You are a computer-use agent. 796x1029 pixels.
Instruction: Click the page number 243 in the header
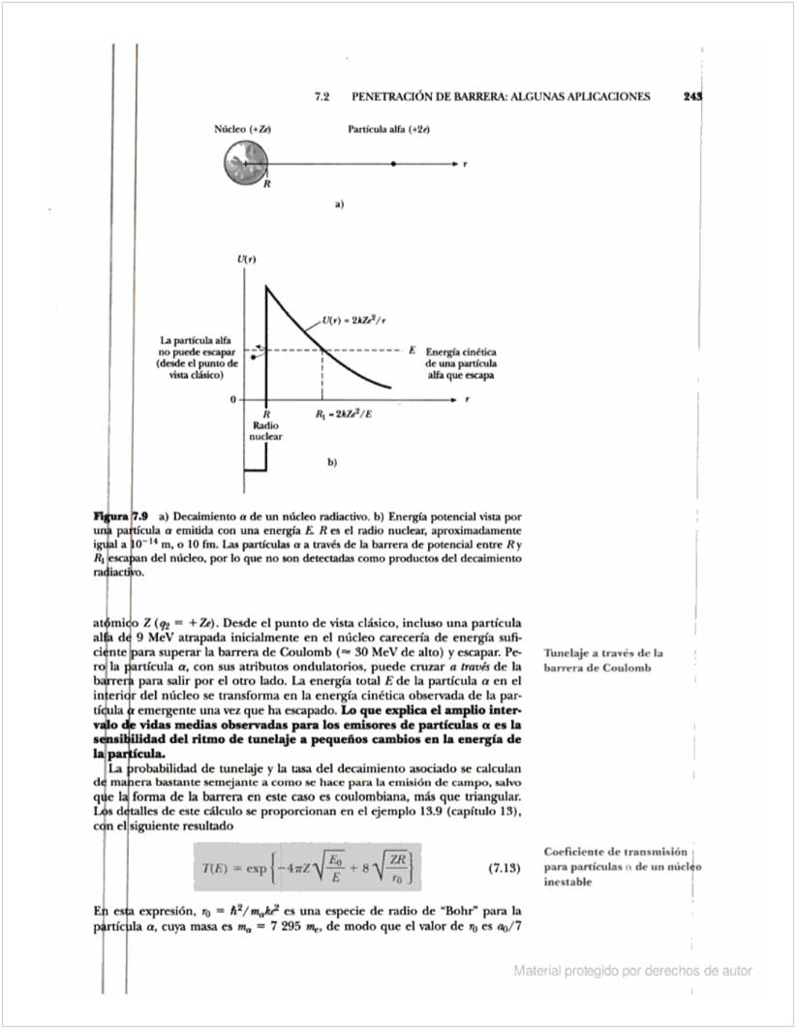click(x=691, y=97)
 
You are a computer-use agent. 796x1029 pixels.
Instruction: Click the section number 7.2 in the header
click(x=322, y=97)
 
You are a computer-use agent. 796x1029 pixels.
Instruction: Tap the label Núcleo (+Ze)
click(x=242, y=129)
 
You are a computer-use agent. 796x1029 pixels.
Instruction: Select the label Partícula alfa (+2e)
click(x=388, y=129)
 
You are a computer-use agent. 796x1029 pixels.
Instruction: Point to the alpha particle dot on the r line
click(x=392, y=164)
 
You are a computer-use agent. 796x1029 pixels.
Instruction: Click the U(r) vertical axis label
click(x=246, y=259)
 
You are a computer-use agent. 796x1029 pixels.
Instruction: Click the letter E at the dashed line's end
click(x=413, y=349)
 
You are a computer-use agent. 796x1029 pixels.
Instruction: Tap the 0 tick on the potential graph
click(x=232, y=398)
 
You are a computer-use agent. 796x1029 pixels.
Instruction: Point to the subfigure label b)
click(x=332, y=462)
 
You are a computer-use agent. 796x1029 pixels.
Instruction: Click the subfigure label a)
click(x=340, y=204)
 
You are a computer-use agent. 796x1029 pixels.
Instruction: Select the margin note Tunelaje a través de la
click(x=603, y=653)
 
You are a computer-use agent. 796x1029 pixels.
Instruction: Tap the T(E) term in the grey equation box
click(x=214, y=867)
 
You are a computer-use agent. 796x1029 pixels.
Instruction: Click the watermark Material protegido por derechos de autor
click(x=632, y=971)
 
